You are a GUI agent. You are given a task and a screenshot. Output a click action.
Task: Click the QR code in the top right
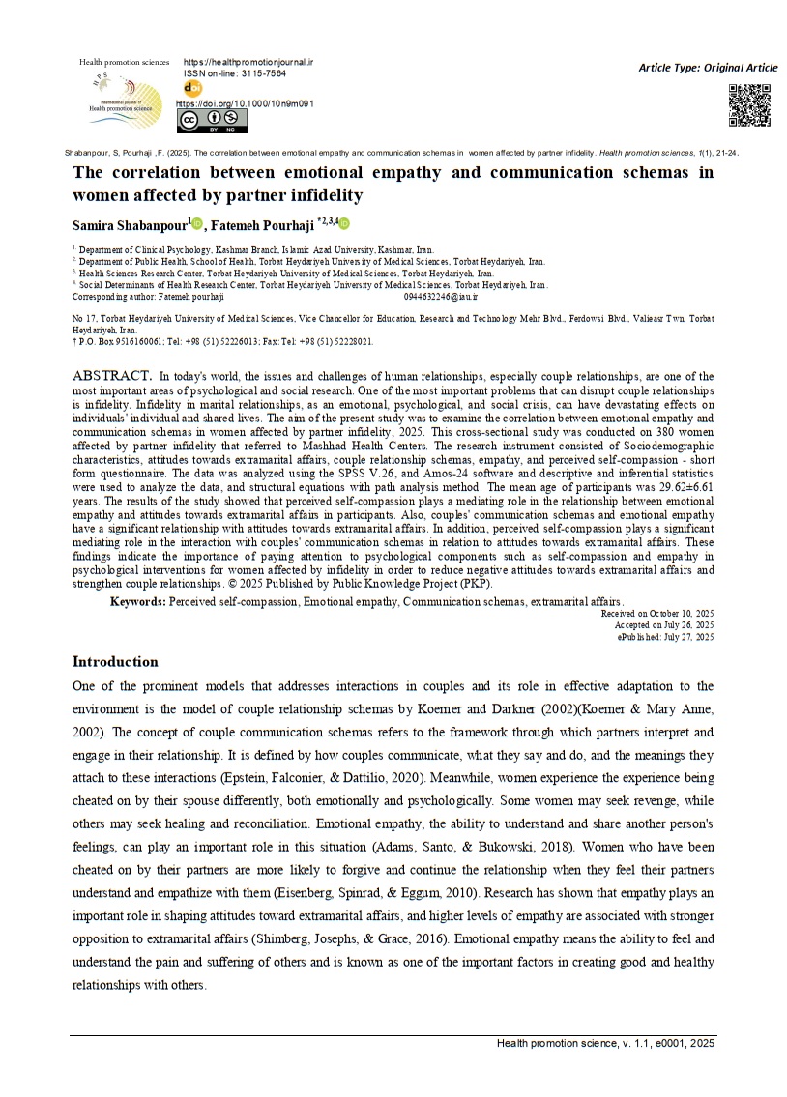(x=749, y=105)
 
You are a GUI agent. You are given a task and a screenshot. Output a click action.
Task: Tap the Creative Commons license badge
(x=212, y=121)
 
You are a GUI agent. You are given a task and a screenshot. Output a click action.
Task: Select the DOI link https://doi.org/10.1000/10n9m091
(x=245, y=103)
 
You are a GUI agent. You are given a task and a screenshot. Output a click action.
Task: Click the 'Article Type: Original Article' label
(x=708, y=68)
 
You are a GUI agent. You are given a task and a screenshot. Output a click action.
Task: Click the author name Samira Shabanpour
(x=131, y=224)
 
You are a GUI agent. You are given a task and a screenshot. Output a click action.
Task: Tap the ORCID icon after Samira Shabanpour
(x=197, y=224)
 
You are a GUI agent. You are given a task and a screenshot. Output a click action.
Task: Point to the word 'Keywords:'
(x=138, y=602)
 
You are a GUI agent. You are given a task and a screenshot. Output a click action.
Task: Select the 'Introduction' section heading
(x=115, y=662)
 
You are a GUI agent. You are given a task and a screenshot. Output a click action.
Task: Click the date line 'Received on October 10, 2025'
(x=656, y=614)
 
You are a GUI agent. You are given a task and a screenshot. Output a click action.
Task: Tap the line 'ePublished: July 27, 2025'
(x=665, y=637)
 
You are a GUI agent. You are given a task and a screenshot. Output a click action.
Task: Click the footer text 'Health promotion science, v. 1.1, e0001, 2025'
(x=605, y=1044)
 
